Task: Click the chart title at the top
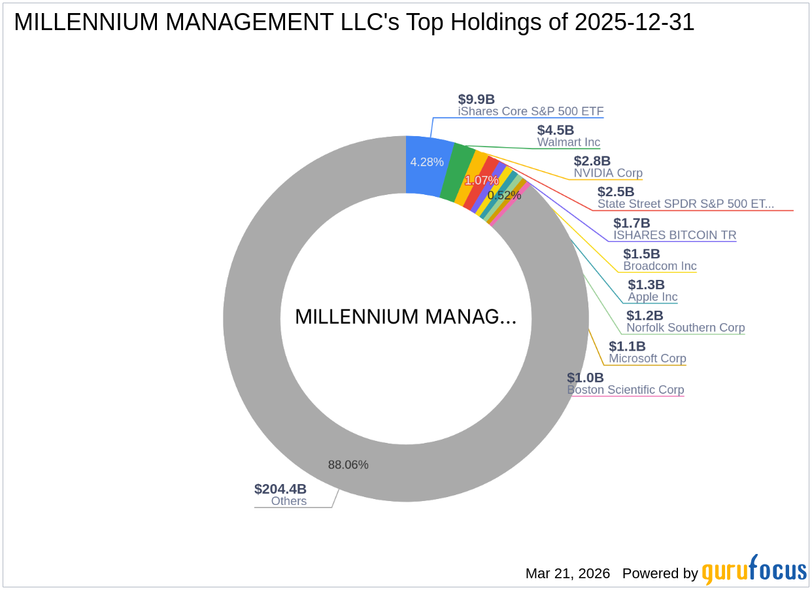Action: pyautogui.click(x=354, y=23)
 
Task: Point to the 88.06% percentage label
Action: pyautogui.click(x=348, y=465)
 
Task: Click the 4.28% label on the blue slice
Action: pyautogui.click(x=427, y=162)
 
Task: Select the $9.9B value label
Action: pyautogui.click(x=476, y=99)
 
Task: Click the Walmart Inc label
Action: pyautogui.click(x=568, y=142)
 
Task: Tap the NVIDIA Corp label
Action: pyautogui.click(x=608, y=173)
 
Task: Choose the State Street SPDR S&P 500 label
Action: pyautogui.click(x=685, y=204)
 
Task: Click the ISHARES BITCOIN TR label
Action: pyautogui.click(x=674, y=235)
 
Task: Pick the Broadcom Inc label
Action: pyautogui.click(x=660, y=266)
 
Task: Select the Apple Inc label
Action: pyautogui.click(x=652, y=297)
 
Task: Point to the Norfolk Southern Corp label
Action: pyautogui.click(x=685, y=328)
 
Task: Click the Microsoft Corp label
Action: pyautogui.click(x=647, y=358)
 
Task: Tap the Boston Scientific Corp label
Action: pyautogui.click(x=625, y=390)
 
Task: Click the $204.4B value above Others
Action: pyautogui.click(x=280, y=489)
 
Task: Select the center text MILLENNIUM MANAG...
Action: pyautogui.click(x=405, y=317)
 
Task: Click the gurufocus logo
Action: pyautogui.click(x=754, y=571)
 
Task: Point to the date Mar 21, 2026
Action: pyautogui.click(x=567, y=574)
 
